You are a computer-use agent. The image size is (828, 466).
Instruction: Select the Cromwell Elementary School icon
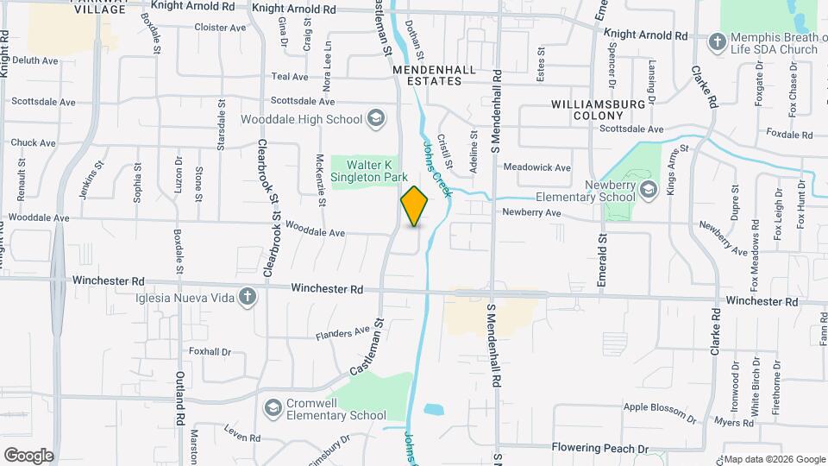[273, 407]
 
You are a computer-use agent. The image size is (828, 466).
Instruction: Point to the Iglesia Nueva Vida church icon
[248, 298]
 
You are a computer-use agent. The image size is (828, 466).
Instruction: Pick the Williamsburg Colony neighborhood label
[599, 110]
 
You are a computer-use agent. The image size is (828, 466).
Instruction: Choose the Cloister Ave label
[220, 28]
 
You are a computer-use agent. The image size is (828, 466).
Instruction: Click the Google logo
[28, 456]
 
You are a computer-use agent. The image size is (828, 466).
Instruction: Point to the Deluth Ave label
[35, 60]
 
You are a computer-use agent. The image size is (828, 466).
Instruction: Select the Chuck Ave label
[34, 142]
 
